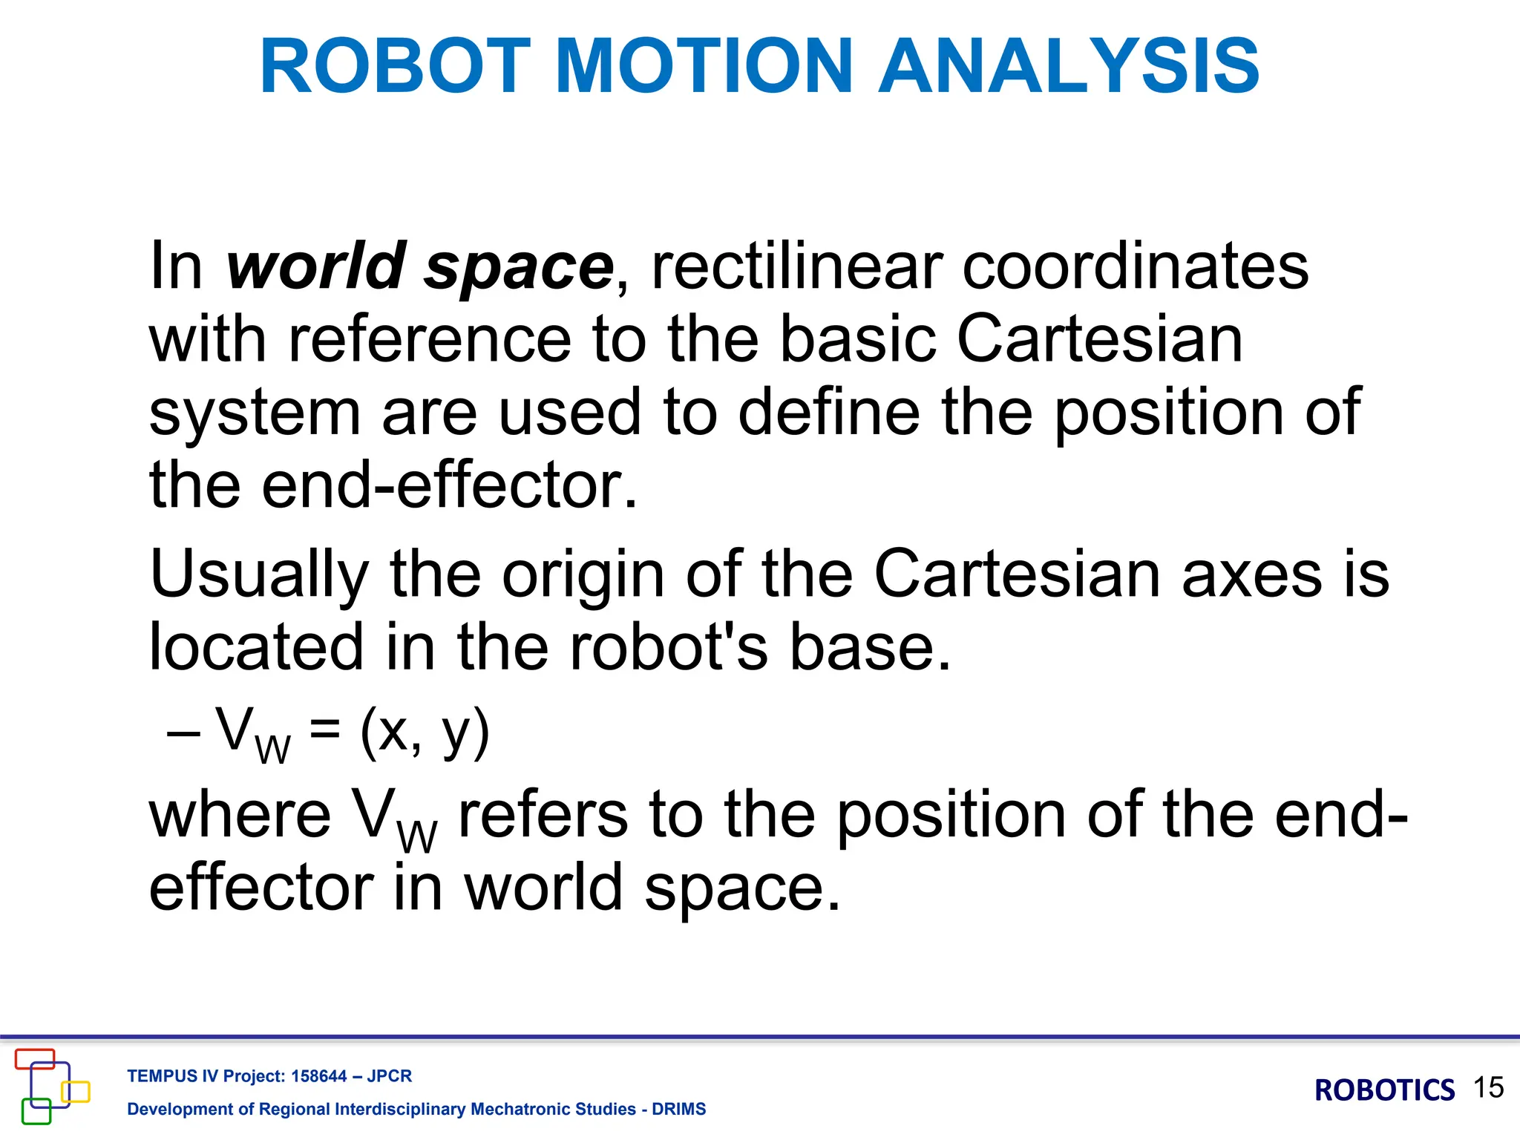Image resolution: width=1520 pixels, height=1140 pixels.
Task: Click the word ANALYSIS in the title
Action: click(x=1069, y=67)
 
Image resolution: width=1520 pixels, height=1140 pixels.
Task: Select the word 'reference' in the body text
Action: click(x=430, y=339)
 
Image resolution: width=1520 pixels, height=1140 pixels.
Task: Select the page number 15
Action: click(x=1488, y=1088)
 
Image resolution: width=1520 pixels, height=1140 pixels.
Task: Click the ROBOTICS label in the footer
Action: click(x=1384, y=1090)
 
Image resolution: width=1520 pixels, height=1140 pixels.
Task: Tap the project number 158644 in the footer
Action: click(x=319, y=1076)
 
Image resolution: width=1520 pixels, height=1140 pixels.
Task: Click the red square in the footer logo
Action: click(x=35, y=1059)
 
